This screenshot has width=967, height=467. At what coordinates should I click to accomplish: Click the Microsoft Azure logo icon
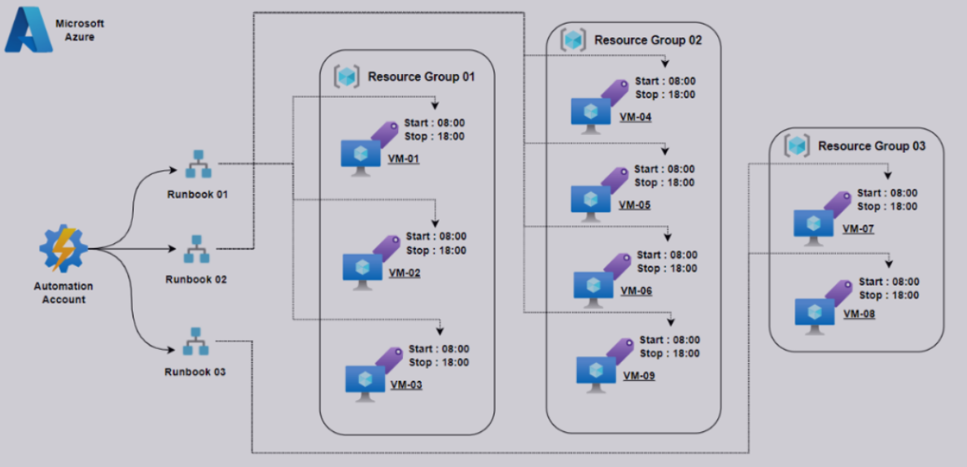pyautogui.click(x=28, y=30)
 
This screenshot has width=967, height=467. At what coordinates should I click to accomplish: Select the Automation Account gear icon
pyautogui.click(x=63, y=251)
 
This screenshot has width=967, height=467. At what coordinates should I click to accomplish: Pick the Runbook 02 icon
pyautogui.click(x=196, y=250)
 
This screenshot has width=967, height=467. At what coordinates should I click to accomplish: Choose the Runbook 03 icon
pyautogui.click(x=196, y=342)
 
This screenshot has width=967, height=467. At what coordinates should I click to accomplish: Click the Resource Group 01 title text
pyautogui.click(x=420, y=77)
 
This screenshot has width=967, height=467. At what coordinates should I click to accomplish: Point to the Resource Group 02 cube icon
pyautogui.click(x=575, y=39)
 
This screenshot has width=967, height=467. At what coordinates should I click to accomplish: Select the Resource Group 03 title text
pyautogui.click(x=871, y=146)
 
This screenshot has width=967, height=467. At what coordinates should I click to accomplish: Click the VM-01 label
pyautogui.click(x=404, y=159)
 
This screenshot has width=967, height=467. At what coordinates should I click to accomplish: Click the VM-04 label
pyautogui.click(x=635, y=116)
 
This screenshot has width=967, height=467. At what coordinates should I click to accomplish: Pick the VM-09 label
pyautogui.click(x=638, y=376)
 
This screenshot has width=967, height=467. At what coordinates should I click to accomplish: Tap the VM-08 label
pyautogui.click(x=859, y=313)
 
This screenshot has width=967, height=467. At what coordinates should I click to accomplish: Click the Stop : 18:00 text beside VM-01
pyautogui.click(x=435, y=137)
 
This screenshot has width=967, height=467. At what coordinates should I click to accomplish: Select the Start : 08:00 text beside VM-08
pyautogui.click(x=889, y=282)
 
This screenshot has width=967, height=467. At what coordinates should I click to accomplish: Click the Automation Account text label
pyautogui.click(x=63, y=293)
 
